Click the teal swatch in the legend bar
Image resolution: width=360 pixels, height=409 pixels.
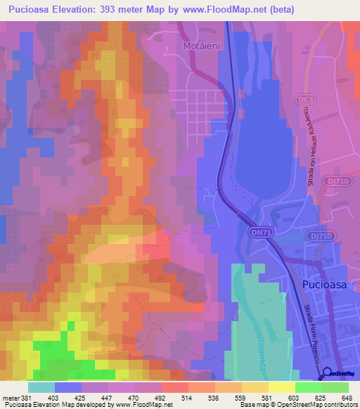[41, 387]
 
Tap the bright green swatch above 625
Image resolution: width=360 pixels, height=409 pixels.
[309, 387]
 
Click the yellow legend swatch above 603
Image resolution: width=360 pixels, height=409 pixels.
[282, 387]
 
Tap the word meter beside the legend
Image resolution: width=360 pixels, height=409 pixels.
[9, 397]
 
